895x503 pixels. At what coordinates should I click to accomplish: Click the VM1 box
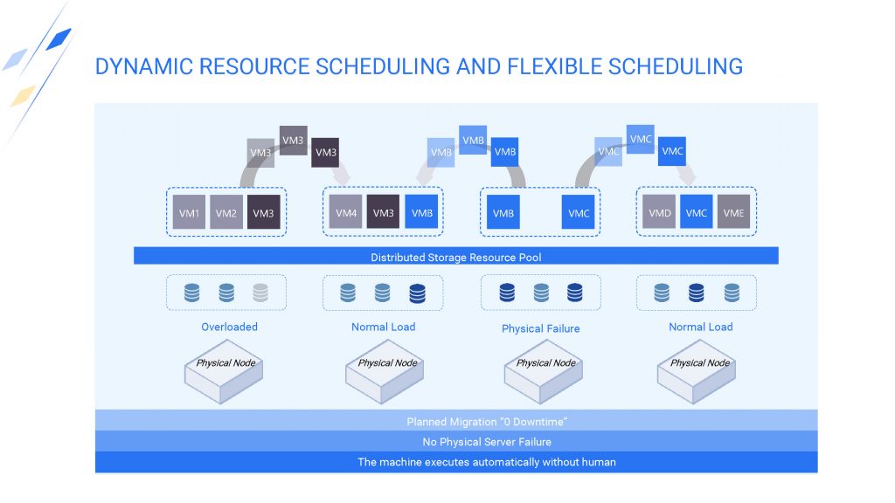[189, 212]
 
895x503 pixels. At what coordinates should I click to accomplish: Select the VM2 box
[226, 212]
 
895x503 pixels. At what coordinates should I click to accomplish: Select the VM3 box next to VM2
[264, 212]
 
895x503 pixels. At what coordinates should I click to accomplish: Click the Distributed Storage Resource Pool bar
[456, 256]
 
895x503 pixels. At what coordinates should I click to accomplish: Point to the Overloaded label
[230, 327]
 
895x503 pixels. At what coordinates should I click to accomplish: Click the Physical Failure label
[540, 328]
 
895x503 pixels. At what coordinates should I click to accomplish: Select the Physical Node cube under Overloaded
[224, 371]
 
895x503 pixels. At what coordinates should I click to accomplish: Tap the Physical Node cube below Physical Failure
[544, 371]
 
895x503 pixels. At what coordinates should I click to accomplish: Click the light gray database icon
[260, 293]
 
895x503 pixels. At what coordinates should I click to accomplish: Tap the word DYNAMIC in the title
[144, 66]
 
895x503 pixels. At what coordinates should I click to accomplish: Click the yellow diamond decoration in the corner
[23, 95]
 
